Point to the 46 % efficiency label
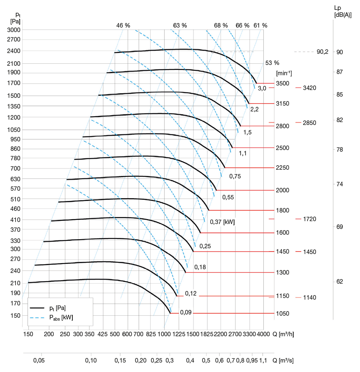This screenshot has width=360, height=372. point(123,25)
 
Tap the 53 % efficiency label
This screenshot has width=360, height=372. point(272,63)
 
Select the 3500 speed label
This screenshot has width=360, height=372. point(283,83)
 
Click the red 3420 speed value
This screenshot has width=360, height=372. point(309,88)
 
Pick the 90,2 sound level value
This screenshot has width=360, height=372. point(323,52)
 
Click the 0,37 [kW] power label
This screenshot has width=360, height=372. point(222,222)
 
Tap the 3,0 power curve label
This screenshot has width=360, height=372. point(262,88)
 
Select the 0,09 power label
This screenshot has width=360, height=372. point(186,313)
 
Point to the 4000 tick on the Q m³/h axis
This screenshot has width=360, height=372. point(263,333)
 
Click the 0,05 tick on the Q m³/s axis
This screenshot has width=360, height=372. point(39,360)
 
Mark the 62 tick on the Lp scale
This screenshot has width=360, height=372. point(339,282)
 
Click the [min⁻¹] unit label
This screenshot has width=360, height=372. point(284,73)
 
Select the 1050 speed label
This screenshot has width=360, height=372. point(283,313)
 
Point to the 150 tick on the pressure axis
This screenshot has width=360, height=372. point(15,315)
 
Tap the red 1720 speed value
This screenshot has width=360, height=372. point(309,219)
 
